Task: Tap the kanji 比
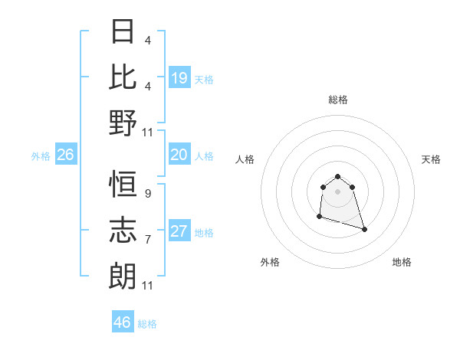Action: coord(123,78)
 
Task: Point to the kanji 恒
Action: coord(123,185)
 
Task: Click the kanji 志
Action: coord(123,229)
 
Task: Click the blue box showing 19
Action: coord(179,78)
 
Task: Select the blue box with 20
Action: coord(179,155)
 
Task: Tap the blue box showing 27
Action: coord(179,231)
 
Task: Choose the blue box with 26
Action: coord(65,155)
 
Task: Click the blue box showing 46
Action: coord(123,322)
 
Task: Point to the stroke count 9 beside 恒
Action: coord(147,195)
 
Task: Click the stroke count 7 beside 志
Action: coord(147,240)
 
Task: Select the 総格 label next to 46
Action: coord(147,324)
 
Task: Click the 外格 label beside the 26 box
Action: coord(41,156)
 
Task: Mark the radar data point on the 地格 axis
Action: coord(364,229)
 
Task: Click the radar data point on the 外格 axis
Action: coord(319,217)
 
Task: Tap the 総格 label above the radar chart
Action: coord(337,100)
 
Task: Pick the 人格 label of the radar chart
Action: coord(245,159)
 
